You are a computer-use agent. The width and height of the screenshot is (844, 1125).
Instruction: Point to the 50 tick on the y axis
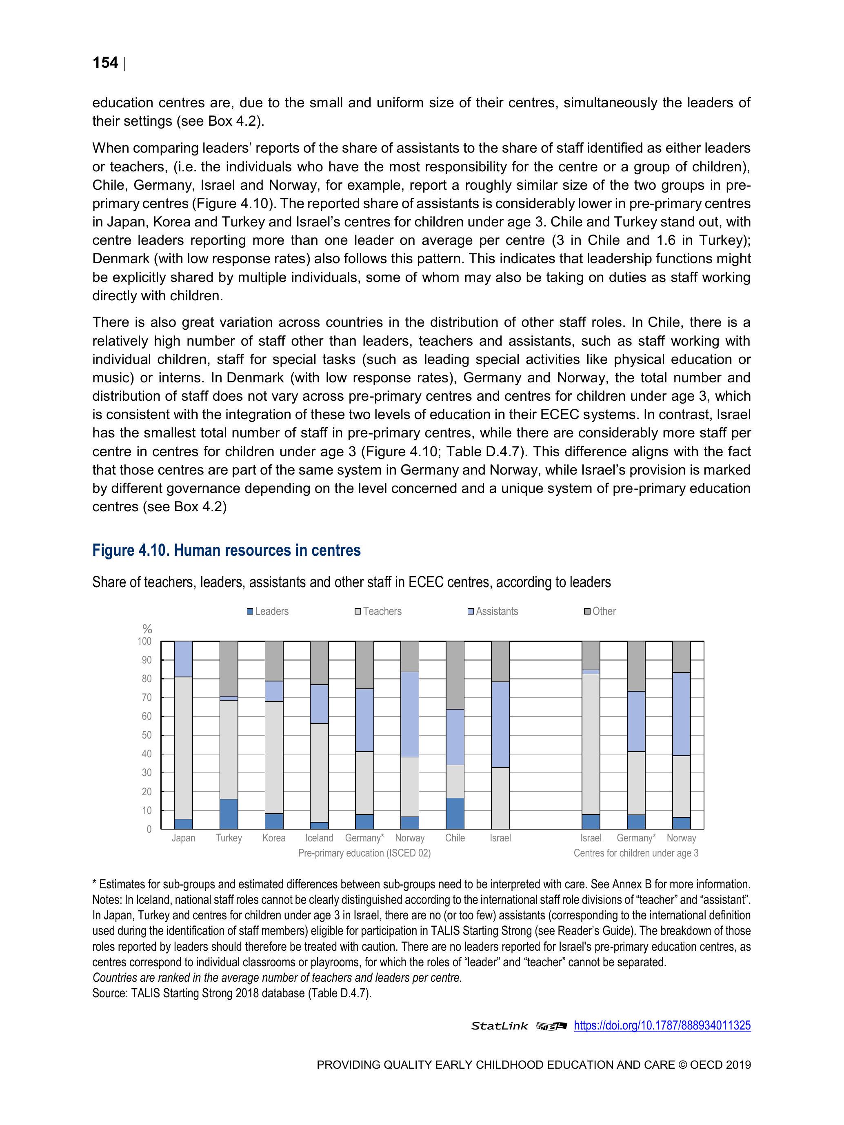click(x=146, y=735)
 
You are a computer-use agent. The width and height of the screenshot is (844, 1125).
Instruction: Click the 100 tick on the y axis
click(x=144, y=641)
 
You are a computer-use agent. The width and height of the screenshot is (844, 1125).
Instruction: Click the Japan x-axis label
click(x=183, y=838)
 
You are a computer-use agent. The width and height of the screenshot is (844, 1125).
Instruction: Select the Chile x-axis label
click(x=455, y=838)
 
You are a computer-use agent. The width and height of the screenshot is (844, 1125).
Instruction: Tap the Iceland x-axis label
click(x=319, y=838)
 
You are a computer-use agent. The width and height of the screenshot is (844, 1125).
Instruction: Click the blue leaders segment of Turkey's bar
click(x=229, y=814)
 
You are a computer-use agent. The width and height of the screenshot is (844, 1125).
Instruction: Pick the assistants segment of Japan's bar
click(x=183, y=659)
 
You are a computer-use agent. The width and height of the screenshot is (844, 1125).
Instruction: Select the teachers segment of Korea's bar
click(x=274, y=757)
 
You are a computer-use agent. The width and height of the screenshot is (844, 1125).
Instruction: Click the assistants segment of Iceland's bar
click(x=319, y=704)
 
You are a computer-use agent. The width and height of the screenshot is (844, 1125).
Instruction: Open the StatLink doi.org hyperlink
click(x=662, y=1025)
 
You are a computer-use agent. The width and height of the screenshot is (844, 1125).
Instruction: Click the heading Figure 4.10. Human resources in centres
click(x=227, y=550)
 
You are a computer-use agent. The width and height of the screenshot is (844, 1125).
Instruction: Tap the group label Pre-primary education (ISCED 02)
click(x=364, y=853)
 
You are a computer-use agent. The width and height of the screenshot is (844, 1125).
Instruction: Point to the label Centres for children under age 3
click(x=636, y=853)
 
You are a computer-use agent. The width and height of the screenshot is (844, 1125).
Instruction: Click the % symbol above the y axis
click(x=147, y=629)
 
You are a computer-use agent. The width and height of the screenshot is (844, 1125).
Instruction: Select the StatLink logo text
click(x=499, y=1026)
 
